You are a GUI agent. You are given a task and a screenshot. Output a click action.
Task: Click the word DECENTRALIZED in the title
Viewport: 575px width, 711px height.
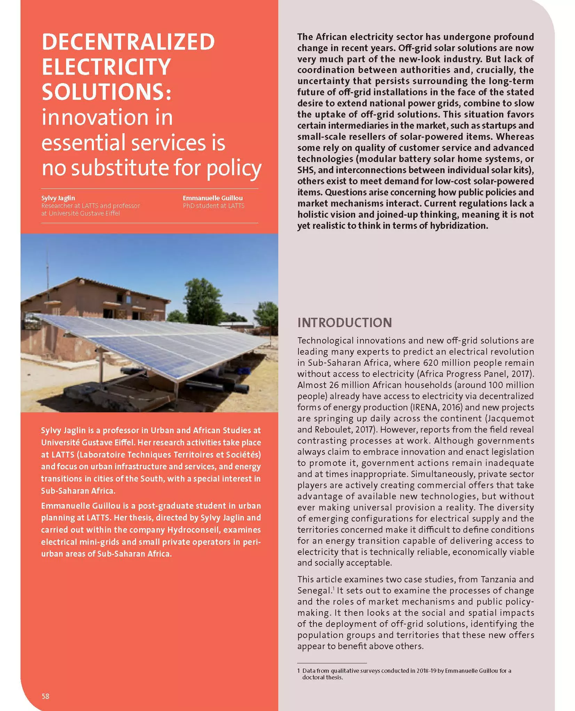[x=128, y=42]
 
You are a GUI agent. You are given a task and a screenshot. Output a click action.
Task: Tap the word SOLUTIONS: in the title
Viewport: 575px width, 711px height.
[x=106, y=92]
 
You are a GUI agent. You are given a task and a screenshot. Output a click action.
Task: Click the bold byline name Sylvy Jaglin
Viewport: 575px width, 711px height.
[x=58, y=198]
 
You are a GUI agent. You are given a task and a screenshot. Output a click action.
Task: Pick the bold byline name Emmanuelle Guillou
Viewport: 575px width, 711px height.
[x=213, y=198]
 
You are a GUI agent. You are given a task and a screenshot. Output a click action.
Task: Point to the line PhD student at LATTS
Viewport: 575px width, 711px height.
[x=214, y=206]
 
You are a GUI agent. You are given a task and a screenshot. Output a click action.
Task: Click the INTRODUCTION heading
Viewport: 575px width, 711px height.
[x=344, y=323]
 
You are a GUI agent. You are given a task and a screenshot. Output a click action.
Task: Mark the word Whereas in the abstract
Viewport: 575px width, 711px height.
[x=515, y=137]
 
